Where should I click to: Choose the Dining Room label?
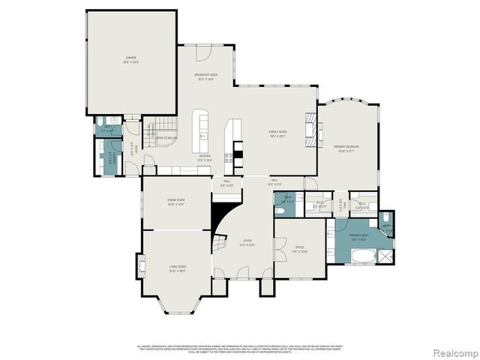point(175,201)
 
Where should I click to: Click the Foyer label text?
point(246,242)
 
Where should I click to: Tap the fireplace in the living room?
point(139,268)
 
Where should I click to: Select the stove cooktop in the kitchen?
point(238,155)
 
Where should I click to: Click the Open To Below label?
point(166,138)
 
